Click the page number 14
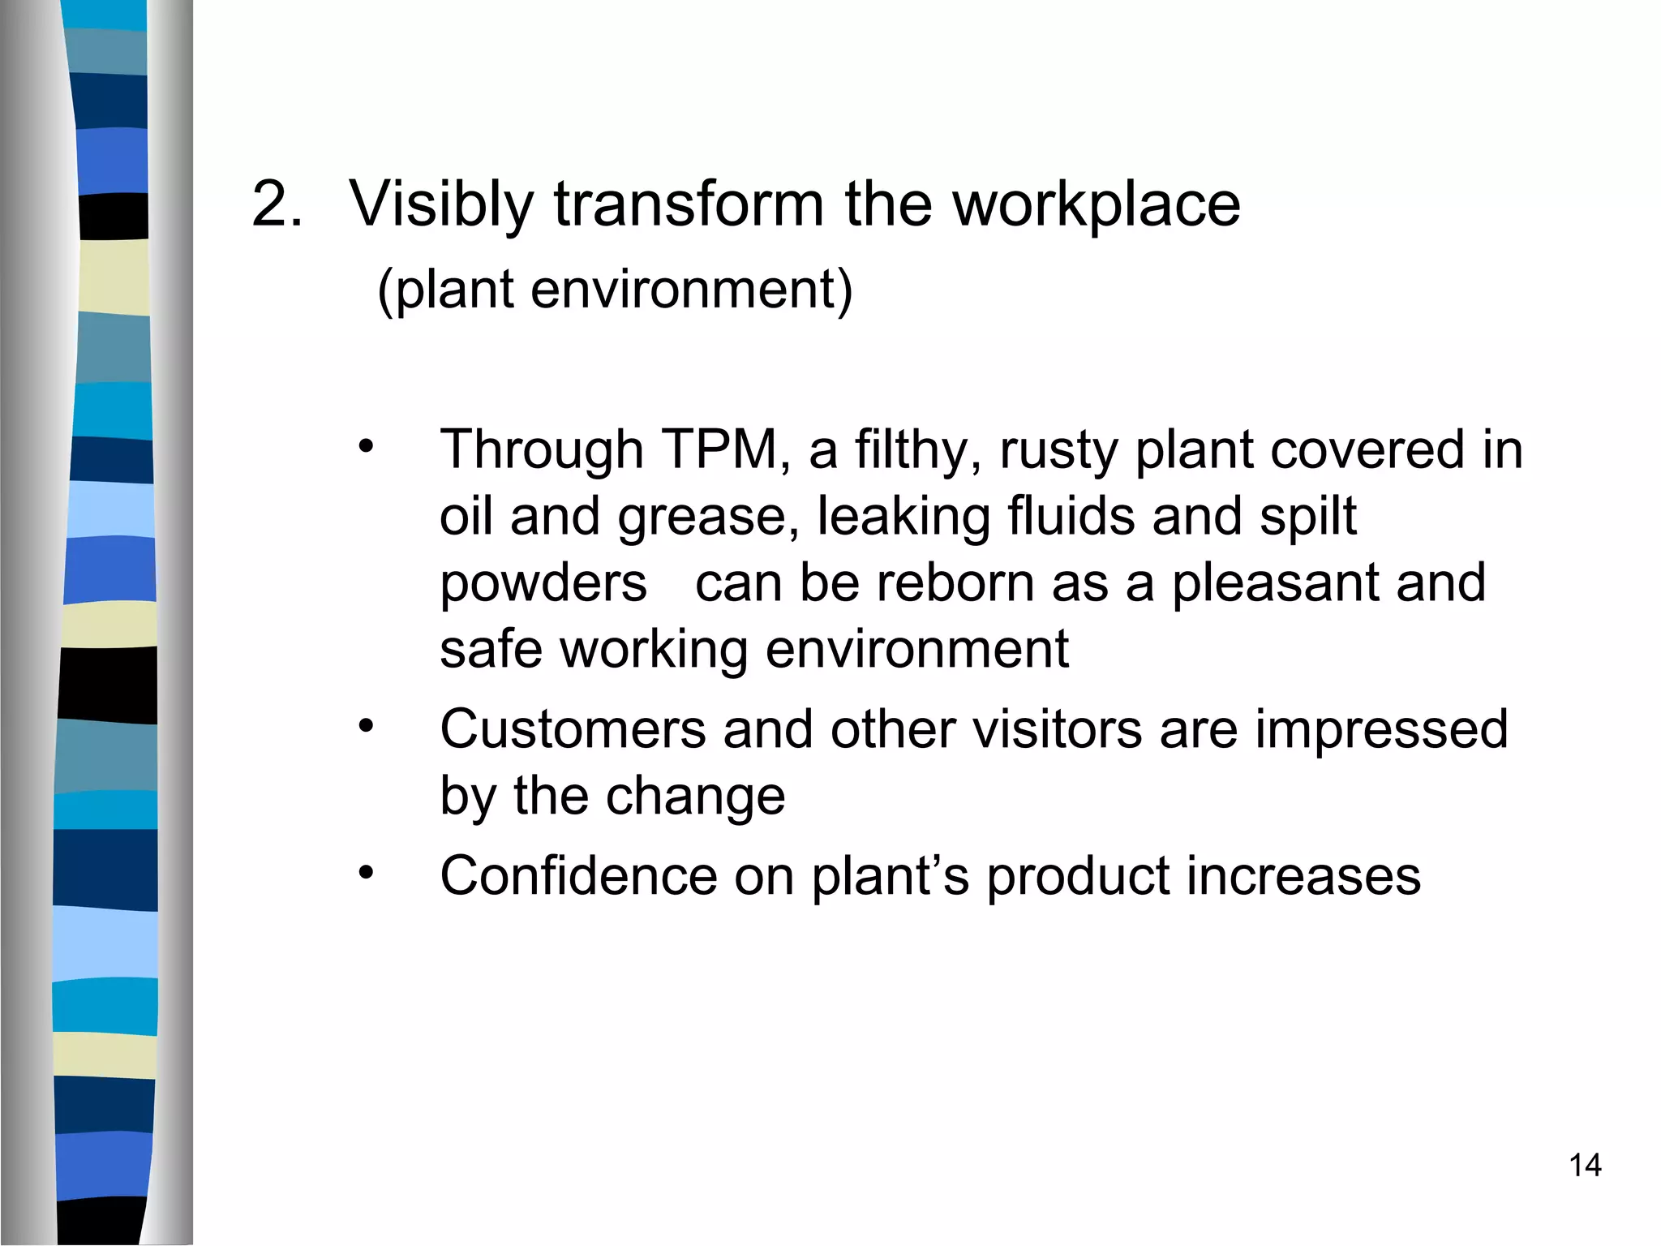[x=1585, y=1166]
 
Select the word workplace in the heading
[x=1096, y=205]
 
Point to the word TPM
[x=721, y=449]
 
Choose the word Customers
[x=573, y=728]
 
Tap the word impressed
[x=1381, y=730]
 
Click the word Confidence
[x=578, y=876]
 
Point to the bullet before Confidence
[x=367, y=872]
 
